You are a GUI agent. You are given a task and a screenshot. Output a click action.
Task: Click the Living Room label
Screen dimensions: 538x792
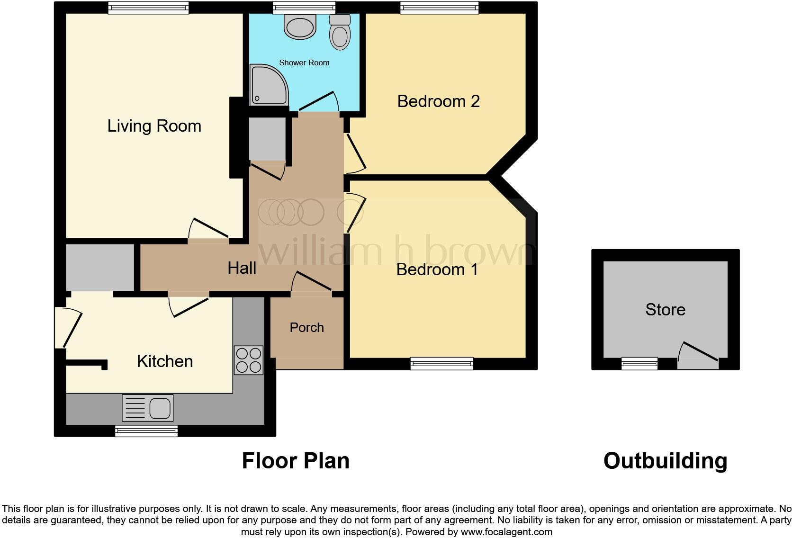click(x=154, y=126)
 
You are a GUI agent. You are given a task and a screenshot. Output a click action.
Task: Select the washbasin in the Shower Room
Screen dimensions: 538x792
click(x=300, y=26)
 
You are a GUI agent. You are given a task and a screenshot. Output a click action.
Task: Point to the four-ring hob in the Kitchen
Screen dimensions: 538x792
click(x=249, y=360)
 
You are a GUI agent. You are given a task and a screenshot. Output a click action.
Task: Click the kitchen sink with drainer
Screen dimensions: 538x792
click(x=148, y=407)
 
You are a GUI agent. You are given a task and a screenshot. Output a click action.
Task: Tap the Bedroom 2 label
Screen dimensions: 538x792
click(x=438, y=101)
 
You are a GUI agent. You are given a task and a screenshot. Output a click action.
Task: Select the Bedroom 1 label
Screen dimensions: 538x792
click(x=437, y=269)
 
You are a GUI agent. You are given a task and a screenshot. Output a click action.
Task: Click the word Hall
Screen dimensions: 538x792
click(x=242, y=268)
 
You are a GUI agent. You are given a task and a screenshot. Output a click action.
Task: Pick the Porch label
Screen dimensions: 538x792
click(x=306, y=328)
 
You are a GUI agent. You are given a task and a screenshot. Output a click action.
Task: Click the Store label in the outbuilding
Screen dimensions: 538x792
click(x=665, y=310)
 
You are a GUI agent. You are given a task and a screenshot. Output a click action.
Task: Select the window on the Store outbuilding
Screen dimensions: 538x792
click(x=639, y=363)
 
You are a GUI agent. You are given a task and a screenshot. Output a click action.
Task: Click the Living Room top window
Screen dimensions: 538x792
click(x=148, y=8)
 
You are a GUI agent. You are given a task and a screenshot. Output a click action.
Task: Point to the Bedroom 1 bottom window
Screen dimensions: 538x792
click(x=441, y=363)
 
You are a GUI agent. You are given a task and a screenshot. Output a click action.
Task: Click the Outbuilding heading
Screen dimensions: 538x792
click(x=665, y=461)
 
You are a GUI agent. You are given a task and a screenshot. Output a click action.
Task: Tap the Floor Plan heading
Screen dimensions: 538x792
click(x=296, y=461)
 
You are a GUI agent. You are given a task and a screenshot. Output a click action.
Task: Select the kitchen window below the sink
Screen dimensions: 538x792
click(x=146, y=430)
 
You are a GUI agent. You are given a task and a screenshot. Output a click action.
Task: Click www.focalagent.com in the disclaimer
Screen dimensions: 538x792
click(x=506, y=532)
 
